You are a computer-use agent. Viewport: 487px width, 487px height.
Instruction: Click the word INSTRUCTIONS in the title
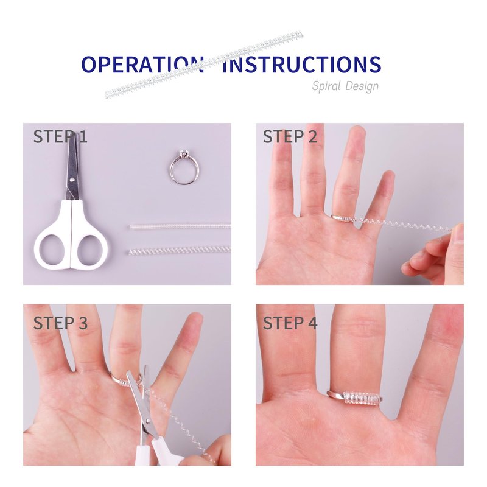[x=301, y=65]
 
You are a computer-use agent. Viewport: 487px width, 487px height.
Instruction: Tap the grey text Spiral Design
[x=345, y=86]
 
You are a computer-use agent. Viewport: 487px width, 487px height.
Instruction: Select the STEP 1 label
[x=60, y=136]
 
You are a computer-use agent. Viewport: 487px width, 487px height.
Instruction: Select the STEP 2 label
[x=290, y=136]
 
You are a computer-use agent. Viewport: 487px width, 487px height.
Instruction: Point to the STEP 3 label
[x=60, y=323]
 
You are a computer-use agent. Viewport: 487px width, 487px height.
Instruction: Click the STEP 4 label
[x=290, y=323]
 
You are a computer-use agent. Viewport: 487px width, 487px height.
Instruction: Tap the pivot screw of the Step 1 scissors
[x=72, y=179]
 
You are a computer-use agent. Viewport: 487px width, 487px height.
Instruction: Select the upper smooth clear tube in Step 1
[x=180, y=226]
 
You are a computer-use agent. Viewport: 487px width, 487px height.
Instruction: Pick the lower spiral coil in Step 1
[x=180, y=250]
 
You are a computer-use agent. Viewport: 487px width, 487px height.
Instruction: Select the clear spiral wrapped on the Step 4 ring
[x=362, y=399]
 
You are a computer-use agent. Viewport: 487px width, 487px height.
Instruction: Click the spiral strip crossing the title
[x=204, y=65]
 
